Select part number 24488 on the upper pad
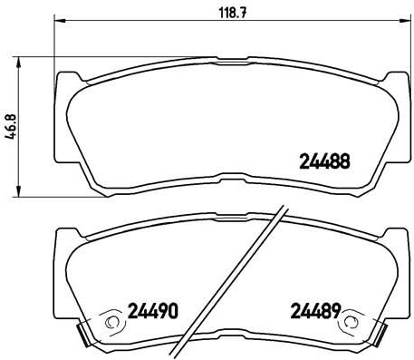(323, 164)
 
